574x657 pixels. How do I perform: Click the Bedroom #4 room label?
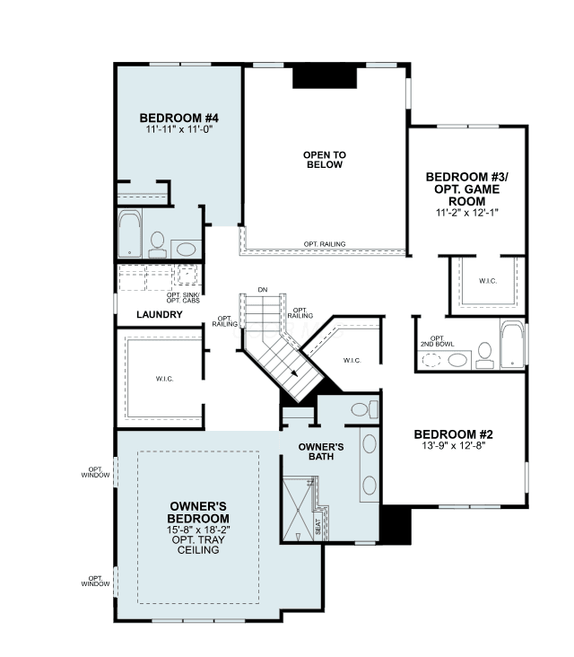click(179, 118)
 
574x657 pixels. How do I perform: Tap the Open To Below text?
click(325, 160)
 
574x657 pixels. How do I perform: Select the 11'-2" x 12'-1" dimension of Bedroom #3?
click(466, 213)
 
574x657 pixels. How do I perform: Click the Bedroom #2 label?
click(454, 434)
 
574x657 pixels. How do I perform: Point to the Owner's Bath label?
click(321, 451)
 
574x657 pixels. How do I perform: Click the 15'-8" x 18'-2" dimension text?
click(198, 530)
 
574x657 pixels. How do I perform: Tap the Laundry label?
click(160, 314)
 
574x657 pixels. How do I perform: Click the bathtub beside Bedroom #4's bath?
click(130, 233)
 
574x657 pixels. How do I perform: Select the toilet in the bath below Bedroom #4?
click(158, 245)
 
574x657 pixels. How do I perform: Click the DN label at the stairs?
click(263, 290)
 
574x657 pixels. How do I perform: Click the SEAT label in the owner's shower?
click(317, 527)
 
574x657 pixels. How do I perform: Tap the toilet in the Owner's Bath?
click(365, 409)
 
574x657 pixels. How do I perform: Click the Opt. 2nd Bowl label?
click(437, 341)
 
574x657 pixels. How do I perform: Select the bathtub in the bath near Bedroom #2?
click(512, 345)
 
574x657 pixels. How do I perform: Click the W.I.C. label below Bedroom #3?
click(488, 281)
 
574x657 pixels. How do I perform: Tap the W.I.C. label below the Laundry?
click(164, 379)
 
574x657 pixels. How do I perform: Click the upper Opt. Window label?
click(95, 472)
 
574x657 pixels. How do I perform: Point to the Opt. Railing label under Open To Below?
click(325, 244)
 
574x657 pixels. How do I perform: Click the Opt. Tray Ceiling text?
click(198, 545)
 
